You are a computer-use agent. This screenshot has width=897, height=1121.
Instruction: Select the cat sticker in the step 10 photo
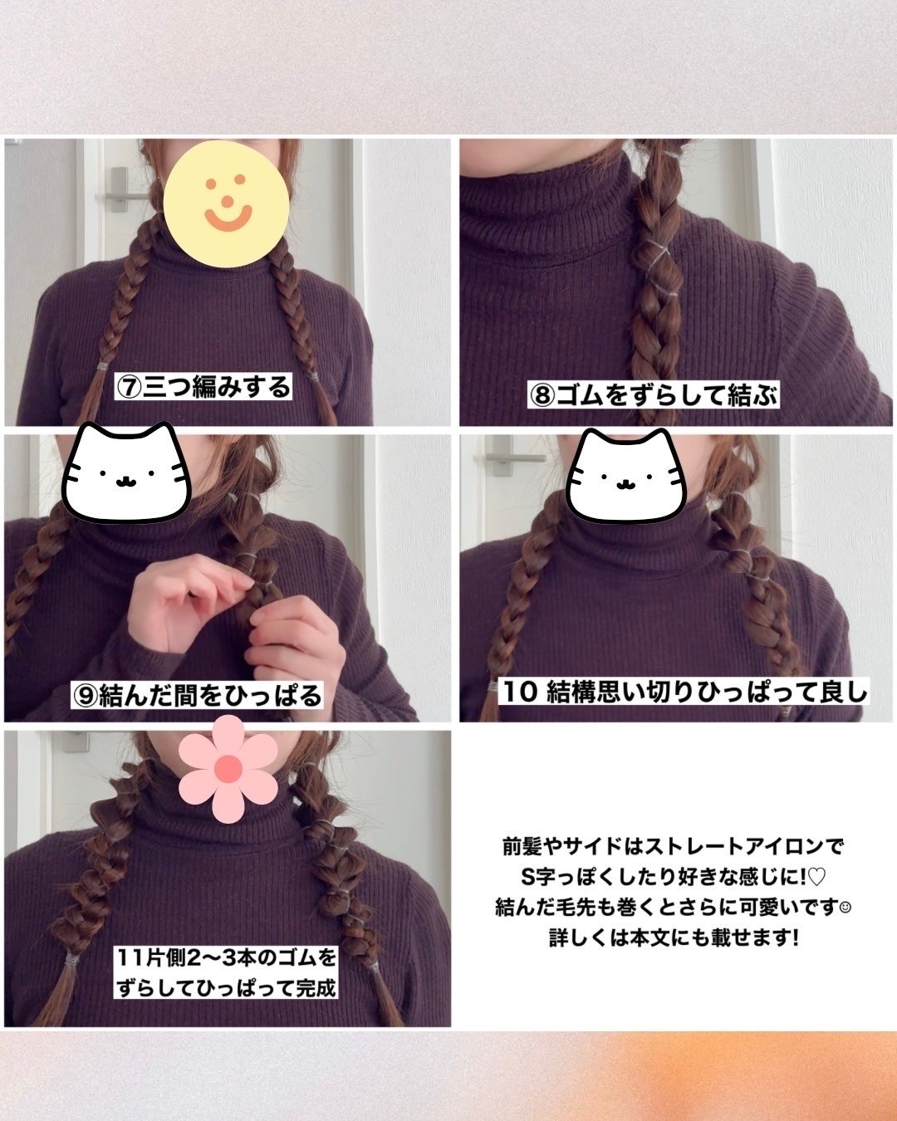pyautogui.click(x=625, y=471)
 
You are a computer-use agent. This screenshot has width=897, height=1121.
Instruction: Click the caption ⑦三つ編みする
pyautogui.click(x=204, y=387)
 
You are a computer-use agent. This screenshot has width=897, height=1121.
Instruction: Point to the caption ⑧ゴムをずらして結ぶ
pyautogui.click(x=654, y=395)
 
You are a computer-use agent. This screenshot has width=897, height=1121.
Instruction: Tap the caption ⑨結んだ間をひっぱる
pyautogui.click(x=198, y=694)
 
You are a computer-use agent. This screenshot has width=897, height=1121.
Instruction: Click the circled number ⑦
pyautogui.click(x=130, y=388)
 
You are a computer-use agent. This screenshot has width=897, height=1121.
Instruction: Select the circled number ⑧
pyautogui.click(x=542, y=396)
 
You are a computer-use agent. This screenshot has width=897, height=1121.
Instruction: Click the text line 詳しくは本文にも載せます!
pyautogui.click(x=674, y=939)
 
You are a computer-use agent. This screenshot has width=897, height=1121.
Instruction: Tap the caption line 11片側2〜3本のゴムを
pyautogui.click(x=227, y=959)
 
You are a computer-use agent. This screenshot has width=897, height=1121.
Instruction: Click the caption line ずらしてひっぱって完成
pyautogui.click(x=227, y=989)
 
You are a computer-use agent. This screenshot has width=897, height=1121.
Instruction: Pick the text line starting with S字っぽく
pyautogui.click(x=673, y=878)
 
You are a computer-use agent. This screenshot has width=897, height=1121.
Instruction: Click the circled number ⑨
pyautogui.click(x=86, y=695)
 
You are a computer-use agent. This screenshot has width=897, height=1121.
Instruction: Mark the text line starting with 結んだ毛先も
pyautogui.click(x=673, y=908)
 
